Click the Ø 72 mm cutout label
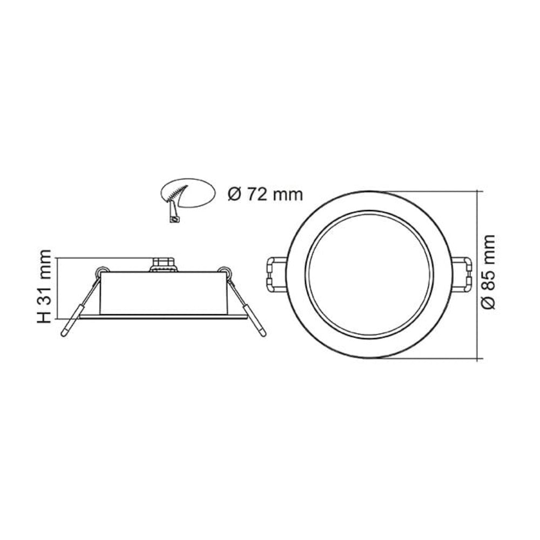point(265,194)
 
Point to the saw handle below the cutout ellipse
point(172,213)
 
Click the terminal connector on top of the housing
point(163,265)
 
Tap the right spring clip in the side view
point(247,308)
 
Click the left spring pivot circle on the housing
point(100,271)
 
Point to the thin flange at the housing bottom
point(164,317)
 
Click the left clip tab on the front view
point(276,274)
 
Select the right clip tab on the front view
point(460,274)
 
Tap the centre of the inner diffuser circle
point(368,274)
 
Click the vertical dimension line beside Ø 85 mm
point(478,274)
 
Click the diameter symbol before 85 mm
point(488,303)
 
